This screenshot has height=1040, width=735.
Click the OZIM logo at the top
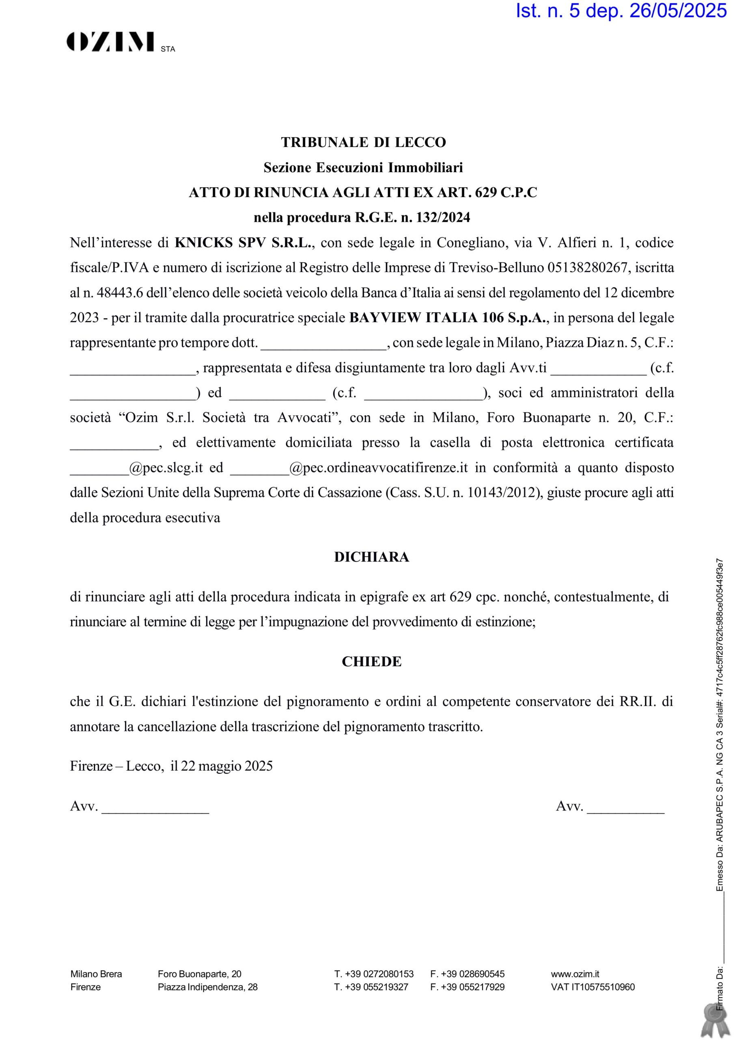110,42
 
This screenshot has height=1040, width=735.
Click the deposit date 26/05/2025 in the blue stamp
678,11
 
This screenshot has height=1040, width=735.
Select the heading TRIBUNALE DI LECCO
363,142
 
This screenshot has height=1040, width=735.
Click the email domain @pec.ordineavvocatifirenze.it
378,468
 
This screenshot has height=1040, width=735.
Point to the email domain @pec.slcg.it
166,468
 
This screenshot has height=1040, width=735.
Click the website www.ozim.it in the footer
575,974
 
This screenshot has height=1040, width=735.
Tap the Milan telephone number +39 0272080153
379,974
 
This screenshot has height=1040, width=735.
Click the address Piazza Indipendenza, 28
207,987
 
